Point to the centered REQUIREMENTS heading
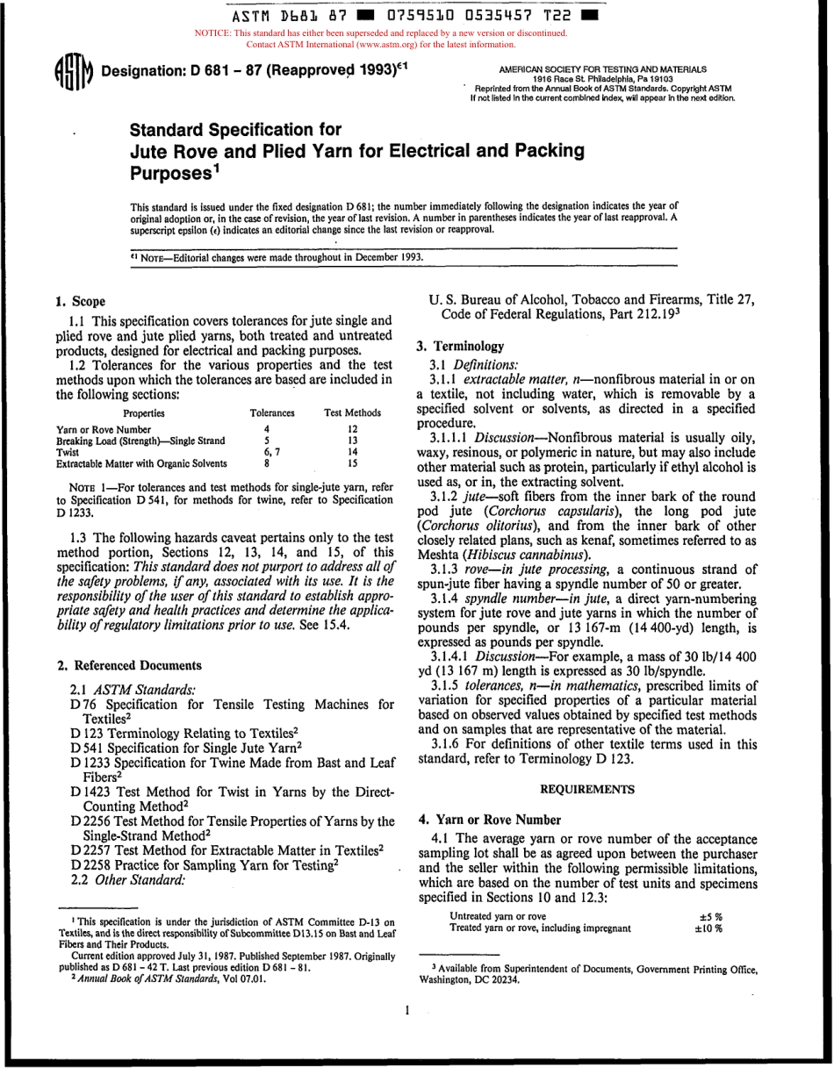coord(587,790)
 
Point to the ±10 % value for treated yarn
coord(708,928)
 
